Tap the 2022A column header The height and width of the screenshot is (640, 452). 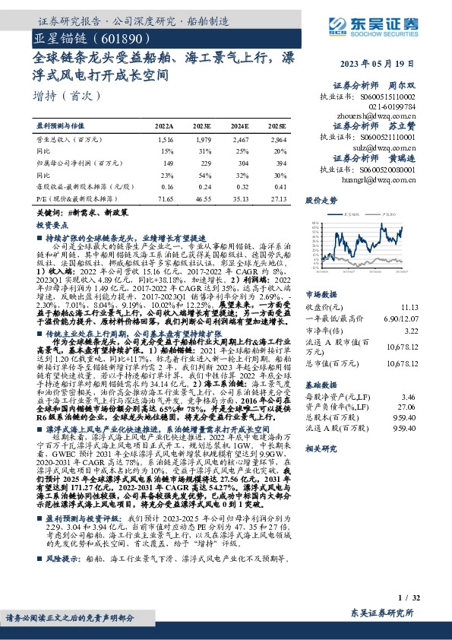tap(165, 125)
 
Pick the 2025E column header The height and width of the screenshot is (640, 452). tap(277, 125)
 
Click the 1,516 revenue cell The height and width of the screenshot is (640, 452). tap(166, 141)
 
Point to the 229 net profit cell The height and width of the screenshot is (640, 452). tap(203, 163)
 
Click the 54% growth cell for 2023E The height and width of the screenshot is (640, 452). tap(203, 174)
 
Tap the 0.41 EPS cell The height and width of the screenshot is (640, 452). tap(280, 185)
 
